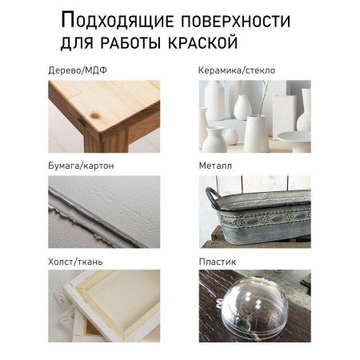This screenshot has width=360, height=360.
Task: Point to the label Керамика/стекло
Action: coord(237,70)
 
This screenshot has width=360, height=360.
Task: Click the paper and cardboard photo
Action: coord(103,211)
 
